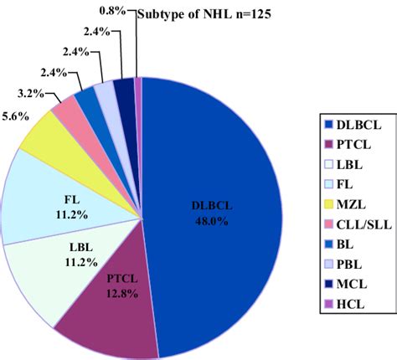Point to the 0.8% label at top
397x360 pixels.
[x=114, y=9]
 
